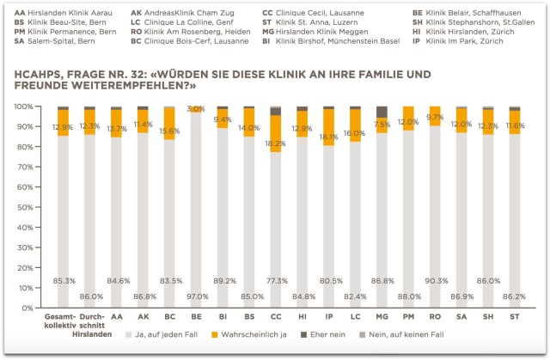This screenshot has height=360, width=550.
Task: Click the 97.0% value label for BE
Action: pos(196,296)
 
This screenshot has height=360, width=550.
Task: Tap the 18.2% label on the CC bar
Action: pos(276,143)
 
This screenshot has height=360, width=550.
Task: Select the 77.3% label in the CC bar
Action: pos(276,281)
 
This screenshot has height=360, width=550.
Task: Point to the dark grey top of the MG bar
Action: pos(382,112)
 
